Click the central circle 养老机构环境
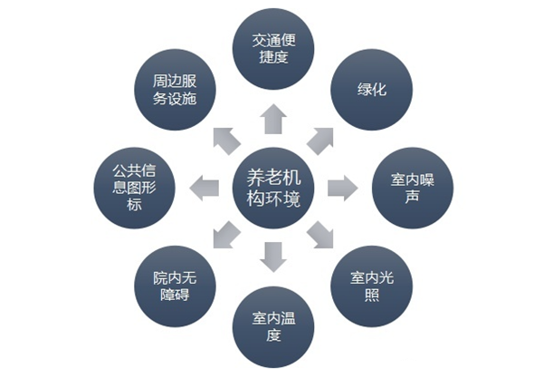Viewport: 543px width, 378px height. pyautogui.click(x=273, y=189)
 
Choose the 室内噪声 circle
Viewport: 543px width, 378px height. pyautogui.click(x=413, y=187)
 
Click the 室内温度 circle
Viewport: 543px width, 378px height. pyautogui.click(x=273, y=327)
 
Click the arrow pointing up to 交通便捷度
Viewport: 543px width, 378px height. pyautogui.click(x=272, y=117)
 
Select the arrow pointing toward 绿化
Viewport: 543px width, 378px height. pyautogui.click(x=321, y=139)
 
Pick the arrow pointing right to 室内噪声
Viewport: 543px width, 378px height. pyautogui.click(x=342, y=188)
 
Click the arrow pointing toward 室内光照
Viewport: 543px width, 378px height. pyautogui.click(x=321, y=237)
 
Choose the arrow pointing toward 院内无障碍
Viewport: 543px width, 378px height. pyautogui.click(x=224, y=237)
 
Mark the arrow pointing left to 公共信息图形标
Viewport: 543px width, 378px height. pyautogui.click(x=203, y=188)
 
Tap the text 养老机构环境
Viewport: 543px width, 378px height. pyautogui.click(x=273, y=189)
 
